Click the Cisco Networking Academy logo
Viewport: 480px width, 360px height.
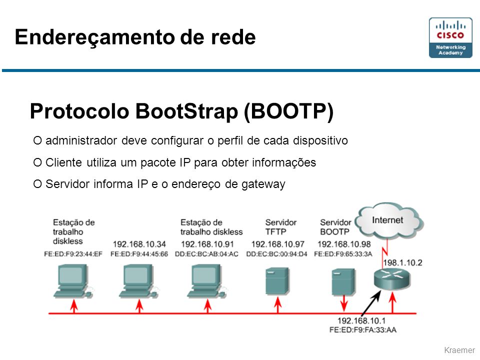click(450, 37)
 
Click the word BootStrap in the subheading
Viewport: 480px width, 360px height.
click(186, 111)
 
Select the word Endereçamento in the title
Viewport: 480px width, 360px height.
click(95, 37)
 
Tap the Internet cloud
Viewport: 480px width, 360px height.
click(390, 220)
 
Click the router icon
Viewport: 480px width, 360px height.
click(392, 279)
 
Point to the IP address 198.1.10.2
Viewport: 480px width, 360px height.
click(402, 262)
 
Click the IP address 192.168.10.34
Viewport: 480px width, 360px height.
click(139, 244)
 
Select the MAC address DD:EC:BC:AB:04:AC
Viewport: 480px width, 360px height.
click(206, 254)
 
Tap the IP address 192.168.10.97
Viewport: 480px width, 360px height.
click(277, 244)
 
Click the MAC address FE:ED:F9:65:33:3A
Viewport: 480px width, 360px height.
click(343, 254)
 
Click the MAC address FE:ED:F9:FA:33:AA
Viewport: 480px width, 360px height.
click(363, 330)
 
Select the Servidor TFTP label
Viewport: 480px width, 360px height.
click(280, 227)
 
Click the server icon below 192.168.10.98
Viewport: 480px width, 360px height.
click(343, 281)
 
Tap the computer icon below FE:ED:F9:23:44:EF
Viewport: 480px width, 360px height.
click(73, 281)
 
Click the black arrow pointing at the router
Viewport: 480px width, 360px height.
click(371, 303)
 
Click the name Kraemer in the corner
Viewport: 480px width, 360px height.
click(459, 350)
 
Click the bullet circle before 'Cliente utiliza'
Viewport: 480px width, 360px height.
click(37, 162)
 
